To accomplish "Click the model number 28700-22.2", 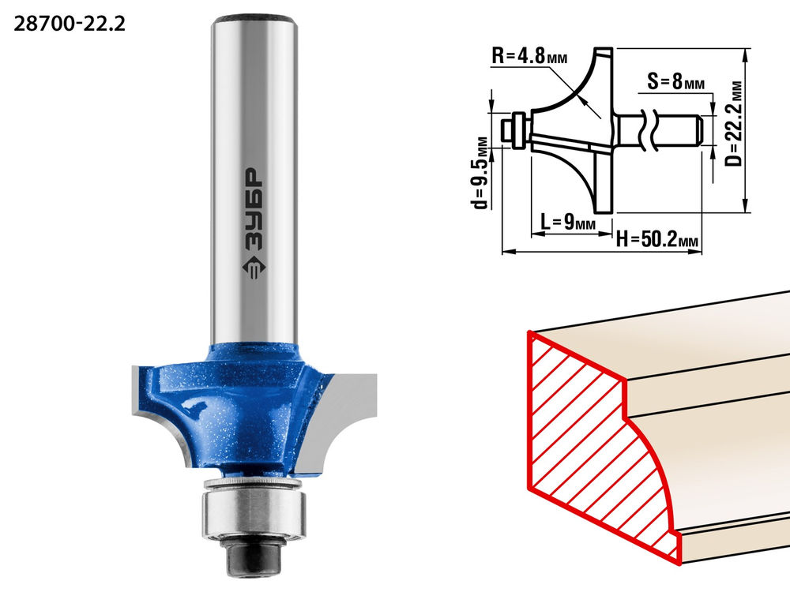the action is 69,24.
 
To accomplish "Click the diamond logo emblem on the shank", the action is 254,268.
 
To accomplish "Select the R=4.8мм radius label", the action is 529,56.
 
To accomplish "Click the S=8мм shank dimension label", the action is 675,81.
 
